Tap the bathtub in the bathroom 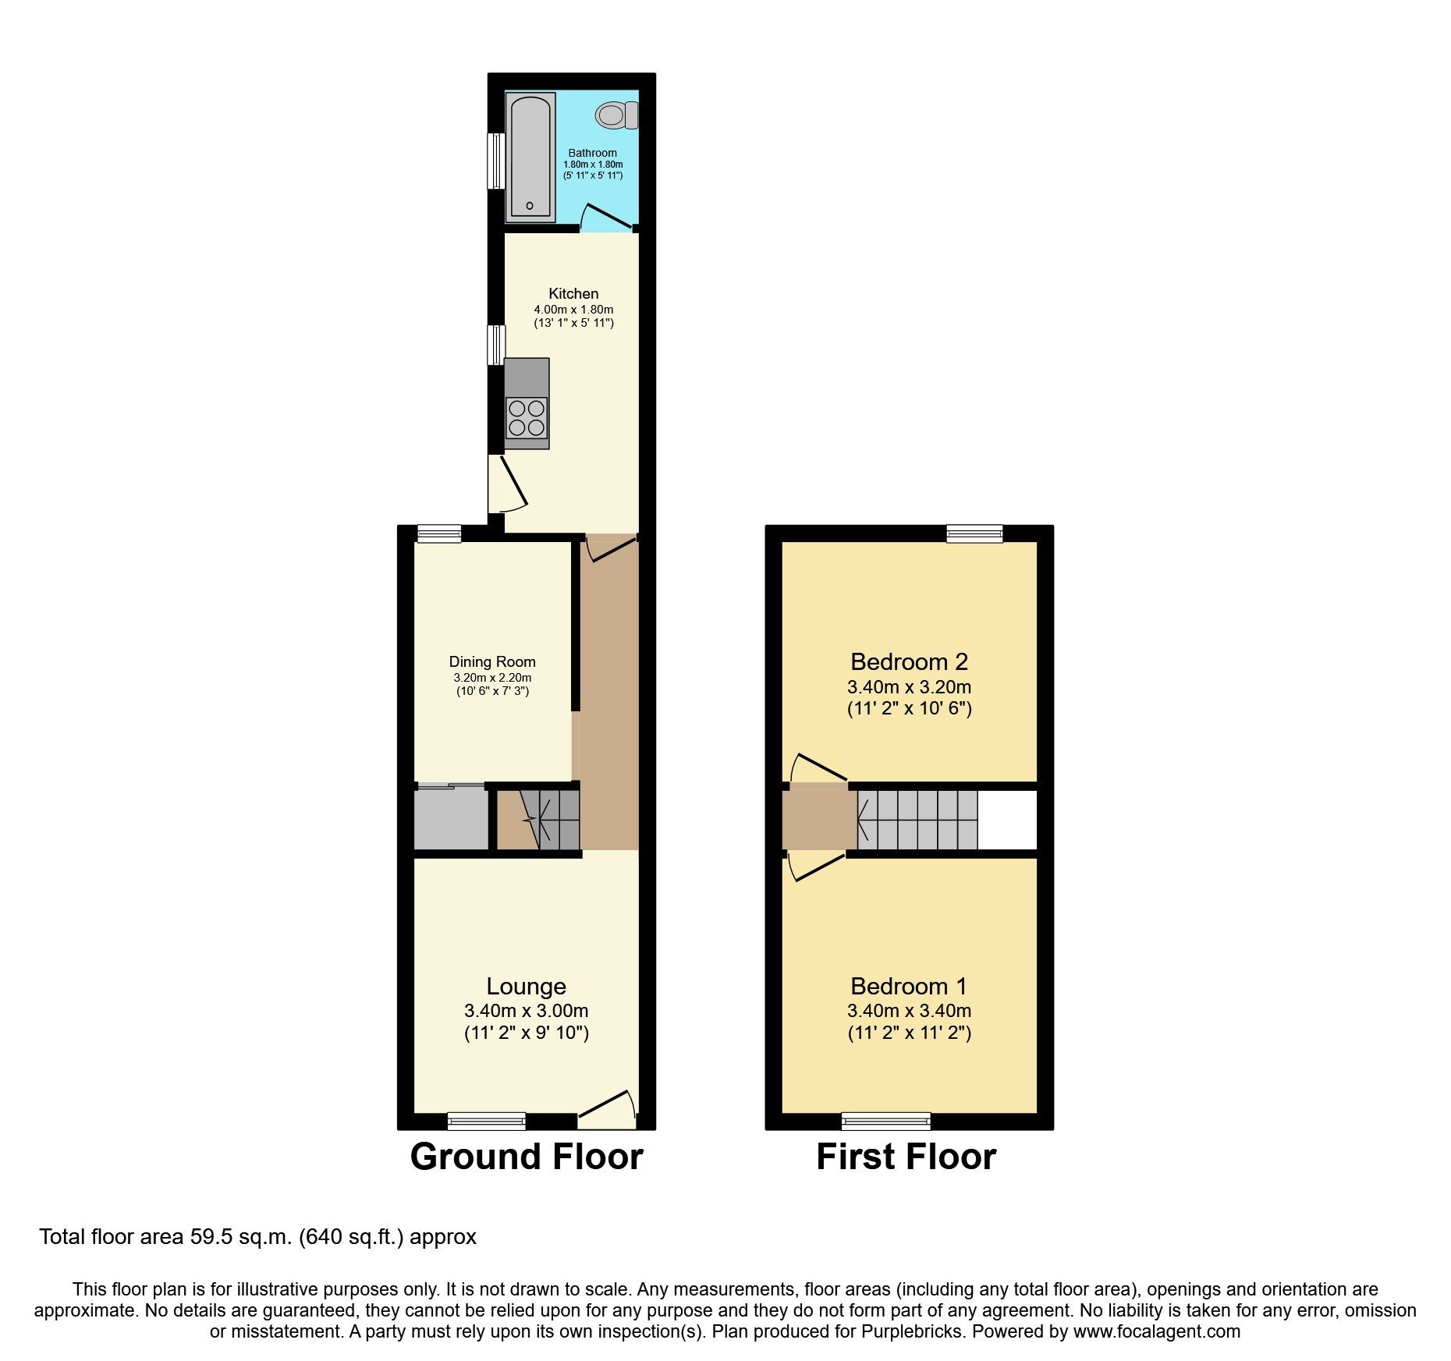530,158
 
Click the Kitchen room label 573,293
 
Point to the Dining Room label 492,662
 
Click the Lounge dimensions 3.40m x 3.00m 526,1011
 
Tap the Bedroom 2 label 909,661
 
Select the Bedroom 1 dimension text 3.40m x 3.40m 909,1011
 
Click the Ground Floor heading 527,1157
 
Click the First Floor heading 906,1157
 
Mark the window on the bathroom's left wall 495,161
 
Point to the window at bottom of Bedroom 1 885,1121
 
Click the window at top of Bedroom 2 974,533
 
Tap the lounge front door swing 608,1108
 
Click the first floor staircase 917,820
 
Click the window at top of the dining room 438,533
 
